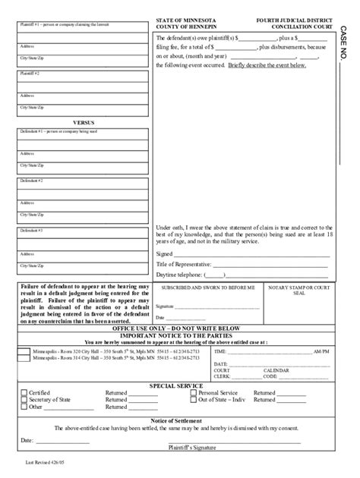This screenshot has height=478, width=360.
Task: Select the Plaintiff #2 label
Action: pyautogui.click(x=30, y=74)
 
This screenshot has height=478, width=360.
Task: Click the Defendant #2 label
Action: pyautogui.click(x=31, y=181)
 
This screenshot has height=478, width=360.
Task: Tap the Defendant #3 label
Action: pyautogui.click(x=31, y=230)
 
